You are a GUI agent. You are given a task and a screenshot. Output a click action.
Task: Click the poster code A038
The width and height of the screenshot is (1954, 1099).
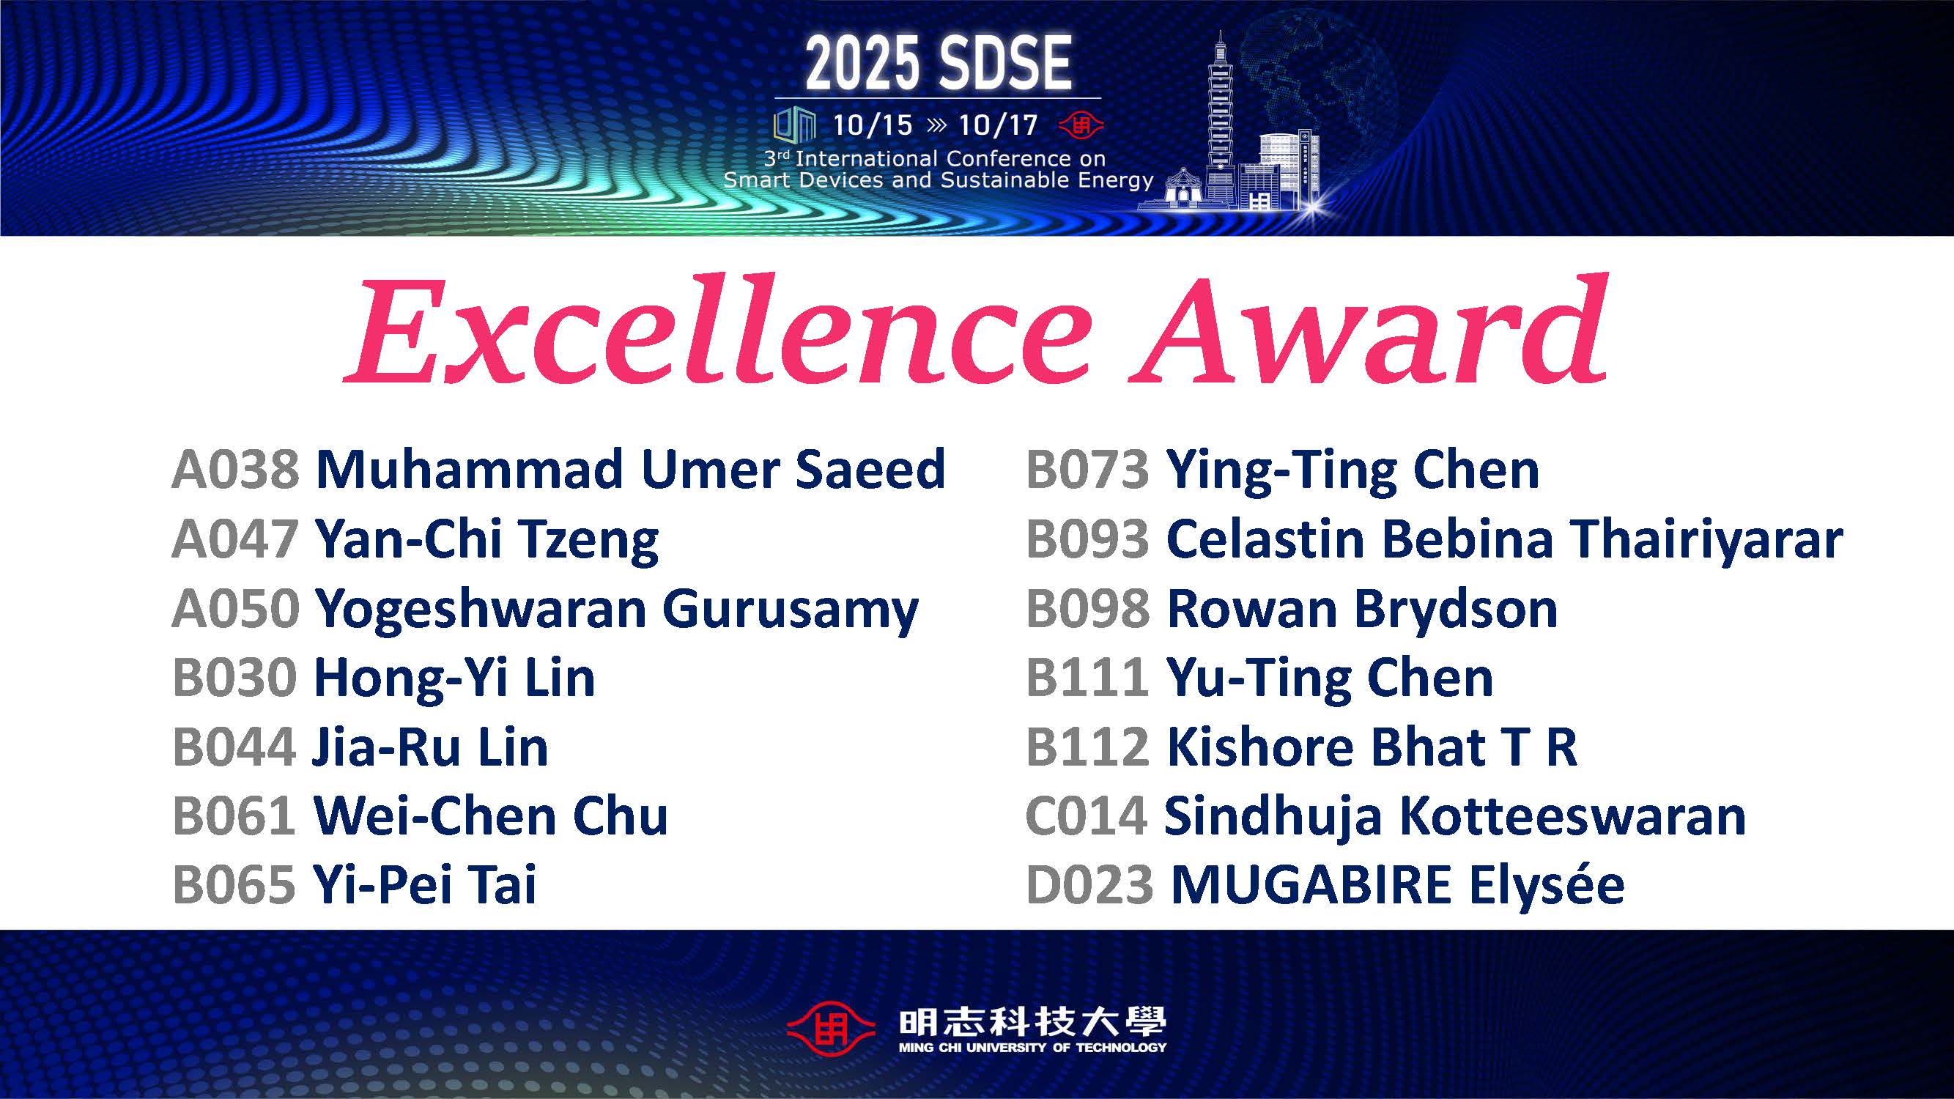tap(236, 469)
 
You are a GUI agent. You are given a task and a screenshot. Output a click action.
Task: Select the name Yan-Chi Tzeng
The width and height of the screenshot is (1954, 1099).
tap(487, 541)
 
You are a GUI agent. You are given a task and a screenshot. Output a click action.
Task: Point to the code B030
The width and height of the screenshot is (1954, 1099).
tap(234, 677)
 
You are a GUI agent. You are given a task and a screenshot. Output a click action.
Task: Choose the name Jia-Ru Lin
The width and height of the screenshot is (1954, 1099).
tap(430, 747)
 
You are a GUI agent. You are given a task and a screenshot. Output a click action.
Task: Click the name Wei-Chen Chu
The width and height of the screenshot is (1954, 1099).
tap(491, 816)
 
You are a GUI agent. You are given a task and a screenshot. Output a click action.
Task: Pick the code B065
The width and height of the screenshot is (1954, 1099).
tap(234, 885)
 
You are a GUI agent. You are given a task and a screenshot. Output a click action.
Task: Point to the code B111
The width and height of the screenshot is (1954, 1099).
tap(1087, 677)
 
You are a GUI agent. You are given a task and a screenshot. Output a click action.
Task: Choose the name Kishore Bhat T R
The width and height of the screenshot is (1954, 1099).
tap(1372, 747)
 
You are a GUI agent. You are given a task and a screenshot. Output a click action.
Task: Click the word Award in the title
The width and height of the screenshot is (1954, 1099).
tap(1368, 329)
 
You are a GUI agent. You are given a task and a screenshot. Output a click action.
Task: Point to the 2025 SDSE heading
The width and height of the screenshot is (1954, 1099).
tap(939, 64)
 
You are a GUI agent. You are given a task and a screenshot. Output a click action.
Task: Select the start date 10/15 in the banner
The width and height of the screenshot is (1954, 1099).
tap(873, 125)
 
